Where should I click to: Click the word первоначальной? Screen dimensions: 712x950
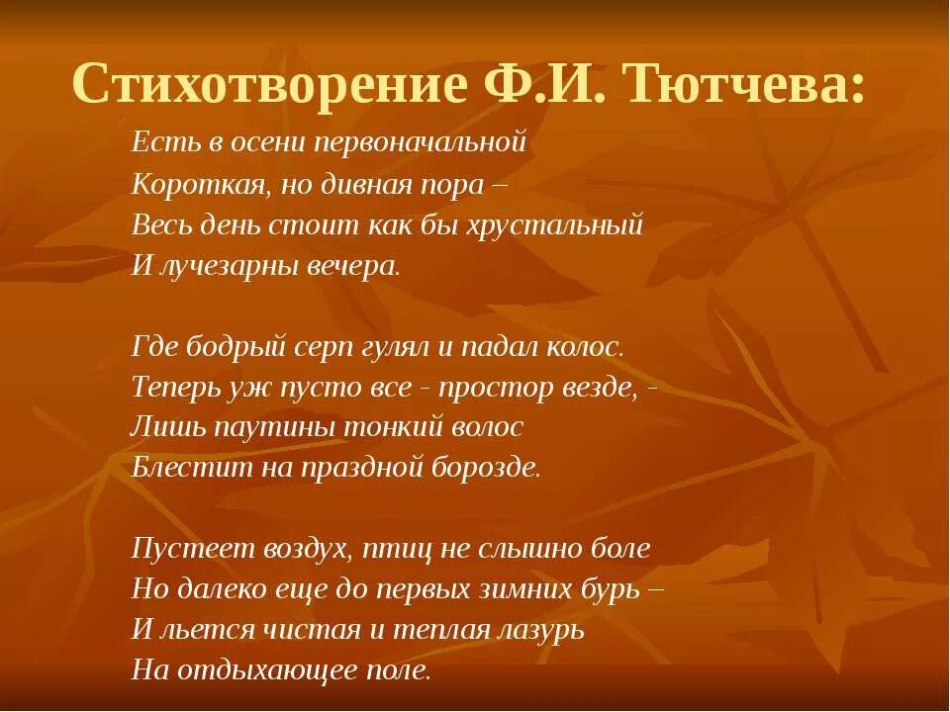pos(419,142)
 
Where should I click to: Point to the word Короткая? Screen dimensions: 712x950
pos(186,184)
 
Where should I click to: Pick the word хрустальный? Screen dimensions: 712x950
pos(560,225)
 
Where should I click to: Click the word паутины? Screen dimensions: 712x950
pos(251,427)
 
